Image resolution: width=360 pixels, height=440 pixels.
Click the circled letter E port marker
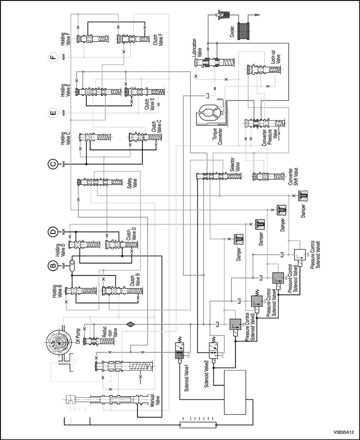click(52, 113)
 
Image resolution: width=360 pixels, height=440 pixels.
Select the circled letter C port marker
click(52, 165)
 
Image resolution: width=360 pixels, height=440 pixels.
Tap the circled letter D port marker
click(52, 232)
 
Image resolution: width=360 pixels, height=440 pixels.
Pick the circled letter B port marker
click(52, 266)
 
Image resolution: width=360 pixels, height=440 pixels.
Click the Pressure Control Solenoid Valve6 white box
click(301, 254)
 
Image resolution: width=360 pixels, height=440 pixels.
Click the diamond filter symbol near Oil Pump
click(129, 324)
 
